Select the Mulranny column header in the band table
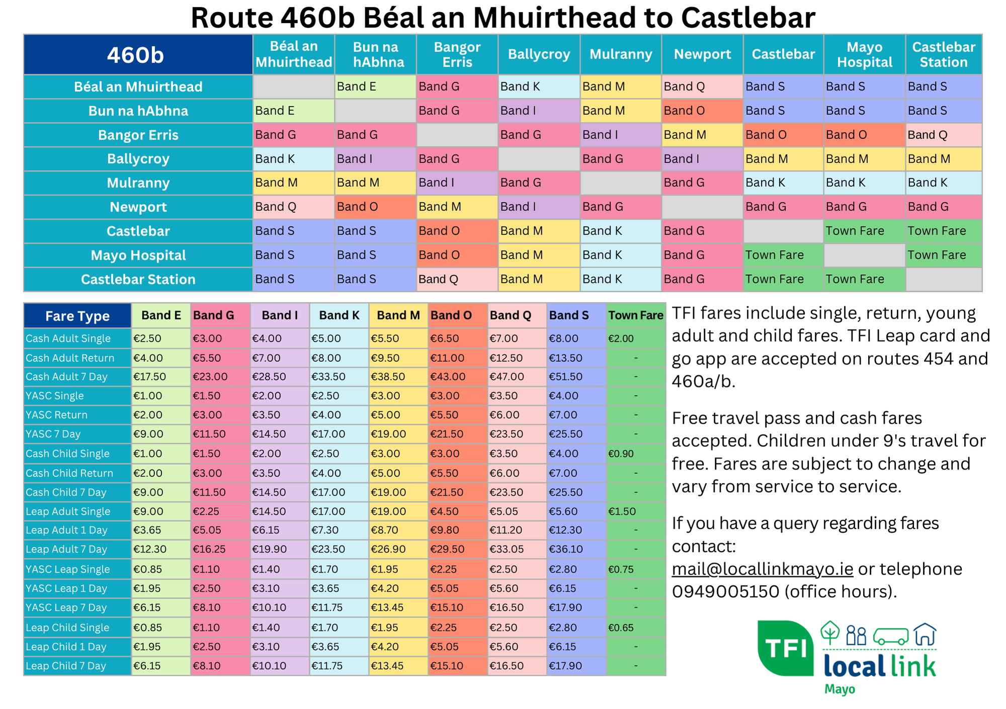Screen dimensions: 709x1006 [621, 54]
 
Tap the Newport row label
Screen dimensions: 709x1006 [138, 207]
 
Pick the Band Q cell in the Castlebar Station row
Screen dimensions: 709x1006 [457, 279]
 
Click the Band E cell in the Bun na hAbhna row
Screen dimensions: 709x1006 [293, 111]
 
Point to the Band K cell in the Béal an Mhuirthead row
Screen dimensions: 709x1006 [539, 87]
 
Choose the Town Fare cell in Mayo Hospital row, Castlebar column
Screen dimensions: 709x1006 [783, 255]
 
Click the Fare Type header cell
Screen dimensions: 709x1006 [77, 316]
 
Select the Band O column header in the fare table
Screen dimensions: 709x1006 [458, 316]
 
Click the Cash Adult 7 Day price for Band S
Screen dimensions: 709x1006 [576, 377]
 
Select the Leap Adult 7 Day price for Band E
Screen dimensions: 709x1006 [161, 549]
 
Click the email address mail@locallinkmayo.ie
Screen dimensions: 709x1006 [762, 569]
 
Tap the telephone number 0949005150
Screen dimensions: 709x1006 [725, 592]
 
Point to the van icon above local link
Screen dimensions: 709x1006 [891, 636]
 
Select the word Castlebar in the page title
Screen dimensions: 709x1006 [748, 18]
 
